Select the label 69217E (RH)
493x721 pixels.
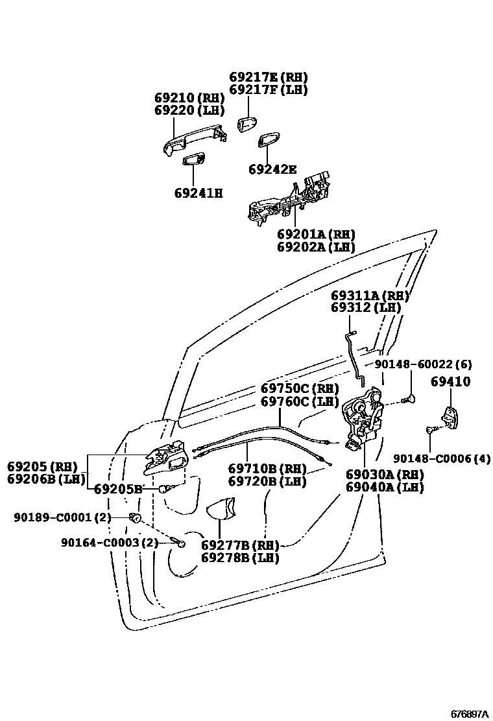click(x=268, y=77)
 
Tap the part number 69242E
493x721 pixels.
click(x=272, y=170)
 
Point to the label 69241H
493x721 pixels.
click(x=198, y=193)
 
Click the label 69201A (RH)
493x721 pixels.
click(x=316, y=234)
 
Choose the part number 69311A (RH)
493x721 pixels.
click(x=370, y=296)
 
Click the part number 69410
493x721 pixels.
click(x=451, y=383)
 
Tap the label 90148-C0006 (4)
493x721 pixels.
click(x=441, y=458)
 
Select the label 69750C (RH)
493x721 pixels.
click(x=300, y=389)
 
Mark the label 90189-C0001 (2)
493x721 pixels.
click(x=63, y=517)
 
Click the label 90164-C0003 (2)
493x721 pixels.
click(x=110, y=542)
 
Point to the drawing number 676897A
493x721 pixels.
click(x=470, y=714)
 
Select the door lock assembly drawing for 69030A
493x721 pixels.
click(x=363, y=418)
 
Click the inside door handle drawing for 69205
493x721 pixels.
click(x=165, y=460)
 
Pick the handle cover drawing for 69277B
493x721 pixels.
click(x=221, y=509)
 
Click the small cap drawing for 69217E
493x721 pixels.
click(x=246, y=124)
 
